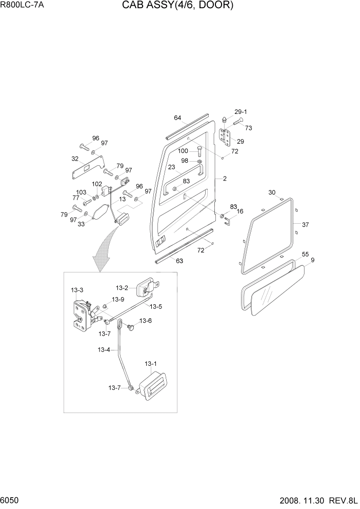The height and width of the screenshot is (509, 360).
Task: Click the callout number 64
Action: [x=177, y=118]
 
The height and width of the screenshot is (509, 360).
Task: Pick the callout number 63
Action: [x=179, y=261]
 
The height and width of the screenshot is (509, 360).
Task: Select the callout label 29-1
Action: [x=241, y=112]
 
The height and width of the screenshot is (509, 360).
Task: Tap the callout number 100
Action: [x=183, y=151]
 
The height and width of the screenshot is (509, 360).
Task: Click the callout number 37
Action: [x=305, y=224]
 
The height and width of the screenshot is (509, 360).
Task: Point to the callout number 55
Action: [x=305, y=254]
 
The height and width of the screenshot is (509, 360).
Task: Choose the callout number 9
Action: [x=312, y=260]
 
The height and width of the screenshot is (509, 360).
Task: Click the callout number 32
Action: [x=75, y=159]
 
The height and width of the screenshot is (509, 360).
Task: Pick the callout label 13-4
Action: [x=104, y=350]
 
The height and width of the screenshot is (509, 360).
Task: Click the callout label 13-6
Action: [x=146, y=321]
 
